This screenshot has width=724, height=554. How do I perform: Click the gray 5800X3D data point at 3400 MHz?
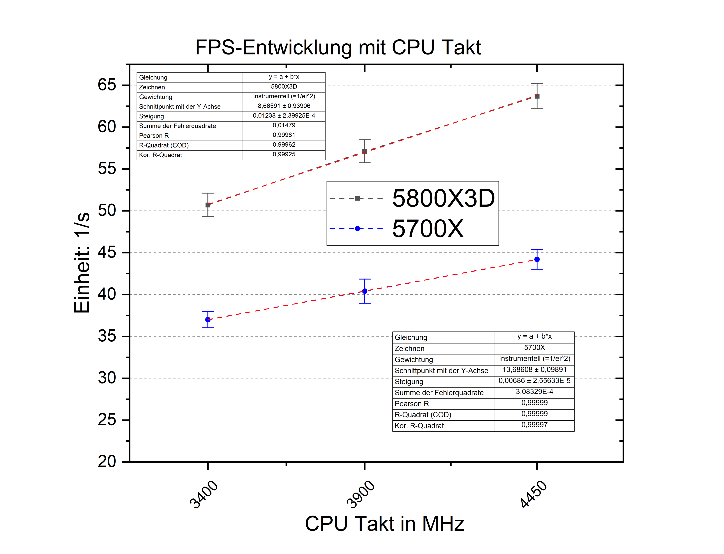coord(208,205)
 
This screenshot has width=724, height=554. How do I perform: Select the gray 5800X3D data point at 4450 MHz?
coord(537,96)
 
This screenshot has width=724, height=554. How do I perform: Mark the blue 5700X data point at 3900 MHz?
coord(365,291)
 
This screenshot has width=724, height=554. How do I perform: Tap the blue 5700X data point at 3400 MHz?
coord(208,320)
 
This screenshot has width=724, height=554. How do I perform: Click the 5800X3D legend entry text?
coord(443,199)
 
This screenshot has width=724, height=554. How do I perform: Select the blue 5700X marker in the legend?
coord(357,229)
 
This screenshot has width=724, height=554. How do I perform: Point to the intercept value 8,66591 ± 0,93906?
coord(284,106)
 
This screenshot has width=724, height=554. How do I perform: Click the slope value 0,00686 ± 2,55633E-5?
coord(534,381)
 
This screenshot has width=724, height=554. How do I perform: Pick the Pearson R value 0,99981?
coord(284,135)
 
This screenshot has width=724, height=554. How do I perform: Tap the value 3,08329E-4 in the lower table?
coord(534,392)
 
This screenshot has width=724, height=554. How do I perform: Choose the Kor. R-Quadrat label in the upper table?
coord(160,155)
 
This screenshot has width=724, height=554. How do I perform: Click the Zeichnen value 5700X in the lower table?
coord(534,347)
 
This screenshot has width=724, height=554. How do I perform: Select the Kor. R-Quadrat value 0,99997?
coord(534,425)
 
